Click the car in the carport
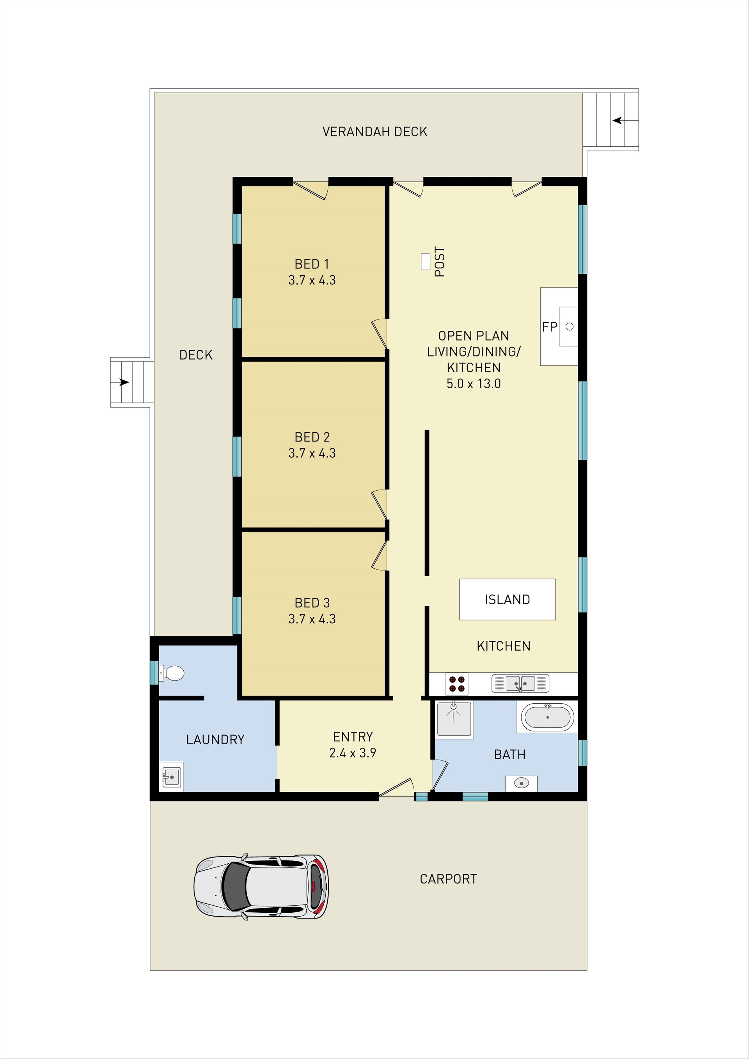261,887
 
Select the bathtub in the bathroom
547,717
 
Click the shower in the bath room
455,718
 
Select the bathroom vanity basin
522,783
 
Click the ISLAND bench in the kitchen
507,599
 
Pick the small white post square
426,261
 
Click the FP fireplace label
550,326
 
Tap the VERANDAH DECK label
375,132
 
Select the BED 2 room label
312,437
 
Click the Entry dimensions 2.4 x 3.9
353,753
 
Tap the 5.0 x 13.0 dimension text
474,383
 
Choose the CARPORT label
448,879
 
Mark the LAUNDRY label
215,740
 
